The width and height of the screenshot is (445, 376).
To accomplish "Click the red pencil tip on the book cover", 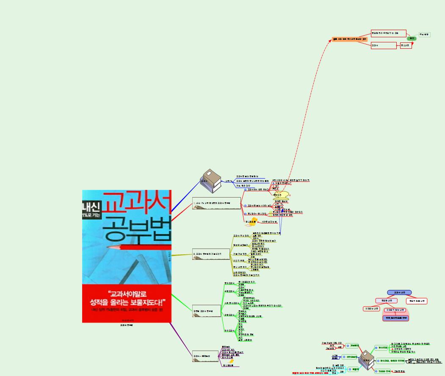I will (x=109, y=246).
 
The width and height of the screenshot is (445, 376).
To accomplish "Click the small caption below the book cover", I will (x=127, y=326).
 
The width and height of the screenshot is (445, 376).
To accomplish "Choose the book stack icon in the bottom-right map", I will (x=366, y=361).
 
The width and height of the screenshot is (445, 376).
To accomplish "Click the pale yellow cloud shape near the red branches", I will (x=280, y=195).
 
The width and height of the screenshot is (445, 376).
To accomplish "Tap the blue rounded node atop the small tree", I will (x=399, y=292).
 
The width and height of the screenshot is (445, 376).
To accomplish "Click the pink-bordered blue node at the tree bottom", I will (x=395, y=318).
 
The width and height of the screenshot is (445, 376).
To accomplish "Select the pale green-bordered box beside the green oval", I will (x=424, y=34).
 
